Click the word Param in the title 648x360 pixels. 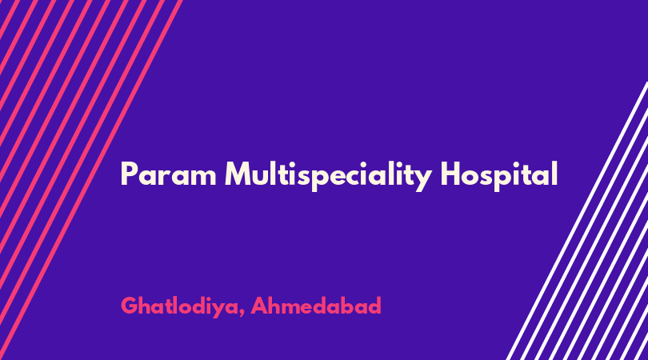(169, 174)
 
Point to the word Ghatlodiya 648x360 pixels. (180, 306)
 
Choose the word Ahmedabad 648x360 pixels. (316, 306)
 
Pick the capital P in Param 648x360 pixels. (129, 174)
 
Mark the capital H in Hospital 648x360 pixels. (451, 174)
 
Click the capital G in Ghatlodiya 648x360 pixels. (130, 306)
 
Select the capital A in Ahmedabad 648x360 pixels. (260, 306)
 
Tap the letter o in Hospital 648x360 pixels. (472, 177)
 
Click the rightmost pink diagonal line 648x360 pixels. (90, 180)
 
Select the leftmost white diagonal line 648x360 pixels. (577, 221)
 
